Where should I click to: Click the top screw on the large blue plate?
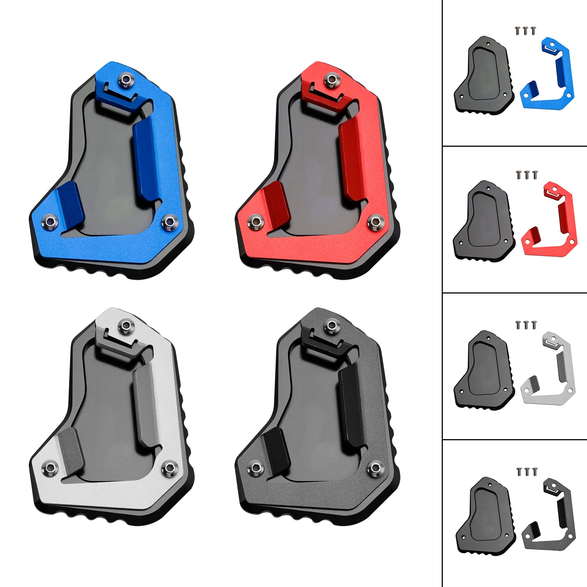(x=127, y=80)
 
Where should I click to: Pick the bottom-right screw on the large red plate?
(x=375, y=222)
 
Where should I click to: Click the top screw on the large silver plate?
(x=127, y=326)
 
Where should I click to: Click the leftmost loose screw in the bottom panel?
(x=519, y=472)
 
